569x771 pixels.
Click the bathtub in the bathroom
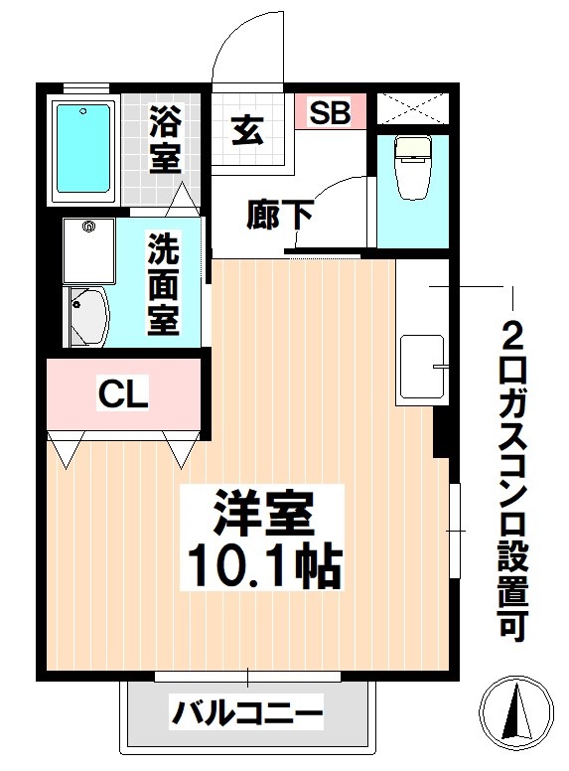[x=83, y=149]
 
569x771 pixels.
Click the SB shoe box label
[x=330, y=112]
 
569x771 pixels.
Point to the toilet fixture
[x=413, y=167]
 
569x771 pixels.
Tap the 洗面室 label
[x=164, y=284]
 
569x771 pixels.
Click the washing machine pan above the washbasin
[x=89, y=250]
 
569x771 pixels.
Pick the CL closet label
[x=123, y=393]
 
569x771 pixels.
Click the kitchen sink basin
[x=422, y=367]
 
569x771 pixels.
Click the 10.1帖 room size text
[x=263, y=565]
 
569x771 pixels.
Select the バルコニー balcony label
[x=247, y=712]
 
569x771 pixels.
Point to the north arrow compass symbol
[x=517, y=711]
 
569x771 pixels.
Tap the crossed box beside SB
[x=413, y=107]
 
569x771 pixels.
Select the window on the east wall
[x=455, y=531]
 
